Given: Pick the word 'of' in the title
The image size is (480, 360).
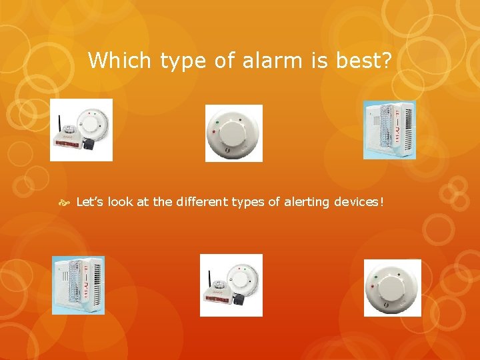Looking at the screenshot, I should click(x=225, y=61).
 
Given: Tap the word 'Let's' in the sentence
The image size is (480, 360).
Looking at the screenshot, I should click(x=91, y=202).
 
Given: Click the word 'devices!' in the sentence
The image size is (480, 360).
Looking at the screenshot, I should click(x=360, y=202).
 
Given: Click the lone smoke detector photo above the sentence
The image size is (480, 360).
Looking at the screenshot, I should click(x=233, y=133).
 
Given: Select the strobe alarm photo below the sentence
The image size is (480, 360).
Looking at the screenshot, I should click(x=78, y=285).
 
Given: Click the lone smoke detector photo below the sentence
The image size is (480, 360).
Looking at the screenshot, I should click(x=392, y=287).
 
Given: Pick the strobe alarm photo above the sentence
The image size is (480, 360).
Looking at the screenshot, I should click(x=389, y=130).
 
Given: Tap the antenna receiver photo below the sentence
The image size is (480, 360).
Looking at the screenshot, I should click(x=231, y=285).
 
